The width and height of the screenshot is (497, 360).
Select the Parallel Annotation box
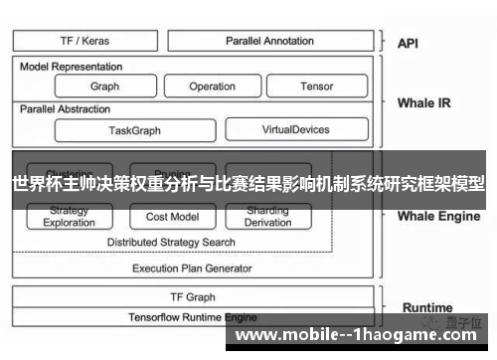pyautogui.click(x=269, y=42)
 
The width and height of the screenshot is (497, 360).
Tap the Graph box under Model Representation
pyautogui.click(x=104, y=87)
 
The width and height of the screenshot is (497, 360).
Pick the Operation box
pyautogui.click(x=212, y=87)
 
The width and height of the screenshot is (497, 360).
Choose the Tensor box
pyautogui.click(x=317, y=87)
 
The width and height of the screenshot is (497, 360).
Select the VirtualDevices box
pyautogui.click(x=295, y=129)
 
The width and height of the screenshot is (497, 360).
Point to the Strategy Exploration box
pyautogui.click(x=70, y=217)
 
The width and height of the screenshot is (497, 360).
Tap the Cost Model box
pyautogui.click(x=171, y=217)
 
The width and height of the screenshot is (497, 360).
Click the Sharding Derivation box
pyautogui.click(x=267, y=217)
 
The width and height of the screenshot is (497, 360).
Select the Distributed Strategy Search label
pyautogui.click(x=171, y=242)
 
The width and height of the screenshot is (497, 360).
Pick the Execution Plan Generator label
pyautogui.click(x=192, y=268)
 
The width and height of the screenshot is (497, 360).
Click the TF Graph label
pyautogui.click(x=192, y=297)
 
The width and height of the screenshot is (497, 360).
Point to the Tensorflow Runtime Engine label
pyautogui.click(x=192, y=317)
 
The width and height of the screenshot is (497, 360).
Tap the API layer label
pyautogui.click(x=409, y=44)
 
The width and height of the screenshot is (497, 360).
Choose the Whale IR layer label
pyautogui.click(x=423, y=102)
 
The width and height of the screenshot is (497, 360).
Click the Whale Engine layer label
pyautogui.click(x=438, y=215)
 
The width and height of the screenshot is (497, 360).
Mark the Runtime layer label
pyautogui.click(x=426, y=307)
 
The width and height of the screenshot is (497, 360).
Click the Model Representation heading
pyautogui.click(x=72, y=67)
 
